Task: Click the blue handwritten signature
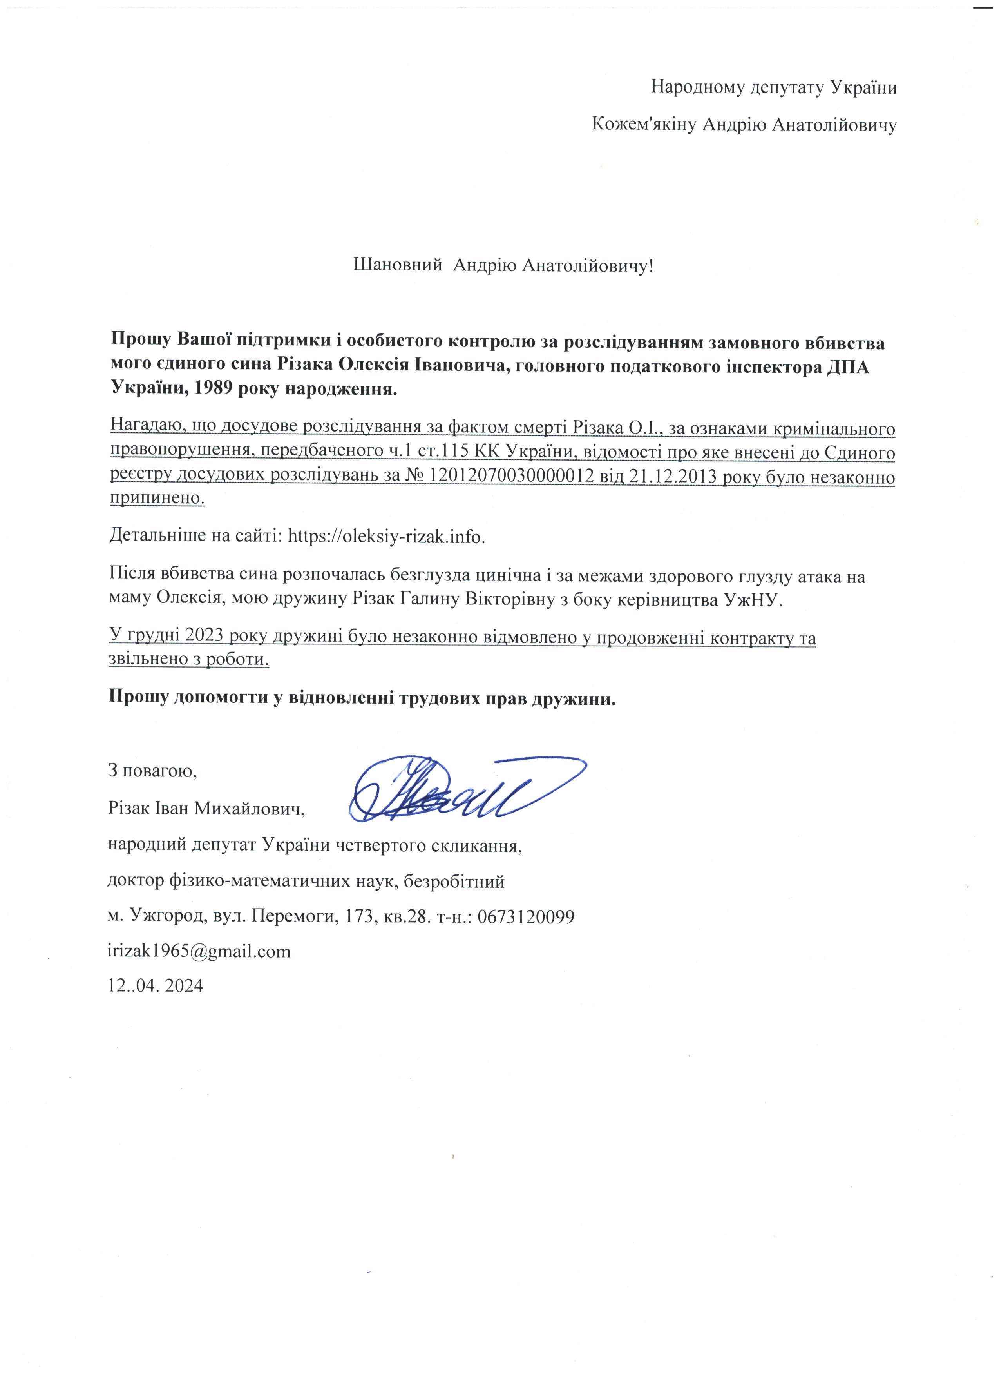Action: click(467, 789)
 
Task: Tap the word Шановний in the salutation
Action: click(397, 265)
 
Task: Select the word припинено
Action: click(157, 499)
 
